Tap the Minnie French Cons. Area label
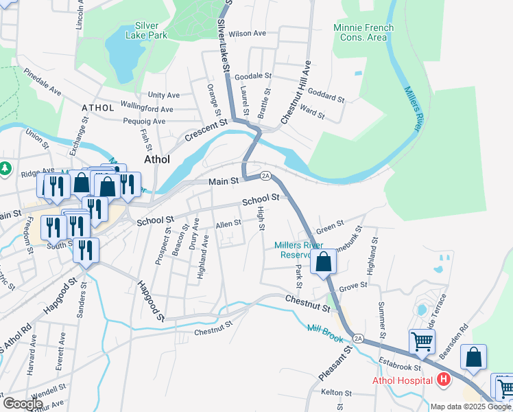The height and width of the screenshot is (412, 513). (x=363, y=32)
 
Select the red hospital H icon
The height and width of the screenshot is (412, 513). (x=444, y=379)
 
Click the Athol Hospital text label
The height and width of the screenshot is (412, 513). (x=402, y=380)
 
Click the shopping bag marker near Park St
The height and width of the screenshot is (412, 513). (x=323, y=262)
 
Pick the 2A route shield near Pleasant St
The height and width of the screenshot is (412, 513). (x=358, y=338)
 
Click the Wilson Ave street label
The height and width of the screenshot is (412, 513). (x=247, y=33)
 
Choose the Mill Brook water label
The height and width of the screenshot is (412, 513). (x=324, y=331)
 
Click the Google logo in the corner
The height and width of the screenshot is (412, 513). (x=23, y=403)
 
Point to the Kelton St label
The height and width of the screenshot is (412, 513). (x=336, y=393)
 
